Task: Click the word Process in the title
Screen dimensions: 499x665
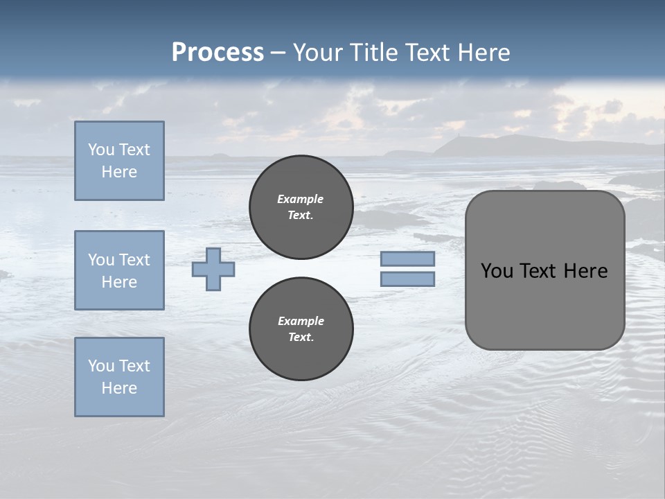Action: pos(218,53)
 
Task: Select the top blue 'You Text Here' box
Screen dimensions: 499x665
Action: pos(119,161)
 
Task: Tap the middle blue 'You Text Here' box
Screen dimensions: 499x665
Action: pos(119,270)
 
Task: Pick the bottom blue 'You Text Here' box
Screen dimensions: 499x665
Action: pos(119,377)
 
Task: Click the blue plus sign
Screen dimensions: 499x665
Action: pos(213,269)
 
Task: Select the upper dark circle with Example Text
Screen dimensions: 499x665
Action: pos(301,207)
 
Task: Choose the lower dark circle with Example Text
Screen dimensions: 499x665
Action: pos(301,329)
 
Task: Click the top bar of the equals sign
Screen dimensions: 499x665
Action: pos(408,259)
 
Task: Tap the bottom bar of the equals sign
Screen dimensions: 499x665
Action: pos(408,279)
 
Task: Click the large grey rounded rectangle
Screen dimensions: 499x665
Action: pos(544,305)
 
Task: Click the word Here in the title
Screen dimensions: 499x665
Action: pos(483,53)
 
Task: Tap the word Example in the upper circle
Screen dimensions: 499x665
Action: pos(301,199)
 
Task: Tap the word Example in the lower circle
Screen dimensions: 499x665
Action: pos(301,321)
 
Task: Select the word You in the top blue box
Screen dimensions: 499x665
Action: pos(101,150)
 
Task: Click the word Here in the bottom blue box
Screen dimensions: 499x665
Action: pos(119,388)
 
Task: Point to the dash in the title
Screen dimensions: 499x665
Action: pos(278,53)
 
